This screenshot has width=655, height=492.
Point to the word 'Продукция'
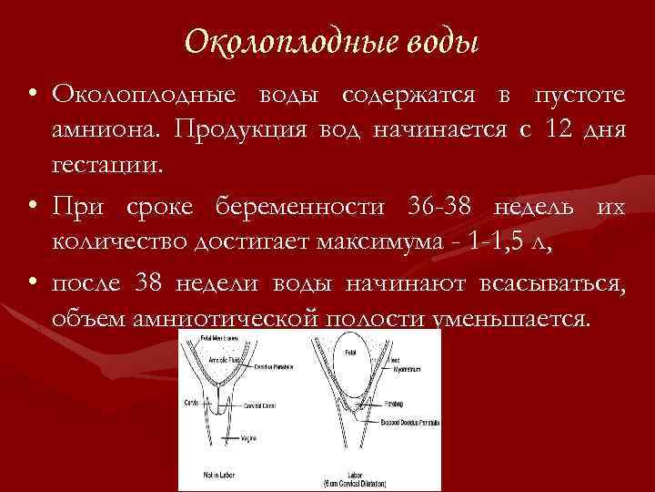coord(244,131)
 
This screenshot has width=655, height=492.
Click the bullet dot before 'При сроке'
coord(32,208)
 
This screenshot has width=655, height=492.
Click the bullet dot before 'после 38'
coord(32,284)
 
